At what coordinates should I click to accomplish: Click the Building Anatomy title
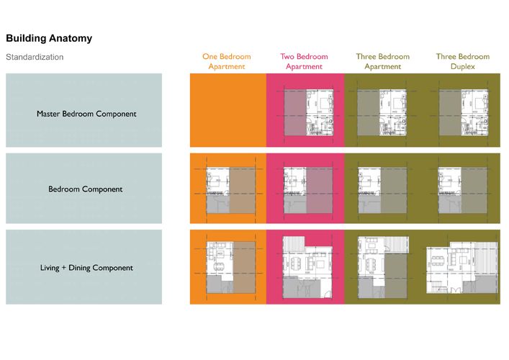49,38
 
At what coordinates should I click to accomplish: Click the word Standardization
35,57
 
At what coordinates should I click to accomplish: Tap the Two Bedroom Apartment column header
304,61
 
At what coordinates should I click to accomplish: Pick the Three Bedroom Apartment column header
382,61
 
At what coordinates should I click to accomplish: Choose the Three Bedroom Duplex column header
462,61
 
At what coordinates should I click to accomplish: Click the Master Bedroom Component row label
86,114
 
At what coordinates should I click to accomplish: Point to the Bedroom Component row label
86,189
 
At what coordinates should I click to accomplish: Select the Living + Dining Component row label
86,268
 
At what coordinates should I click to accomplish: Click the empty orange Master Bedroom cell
228,112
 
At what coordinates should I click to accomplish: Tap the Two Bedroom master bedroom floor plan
308,112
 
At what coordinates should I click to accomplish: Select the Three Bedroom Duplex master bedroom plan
462,112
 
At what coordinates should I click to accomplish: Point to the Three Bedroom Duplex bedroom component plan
462,190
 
